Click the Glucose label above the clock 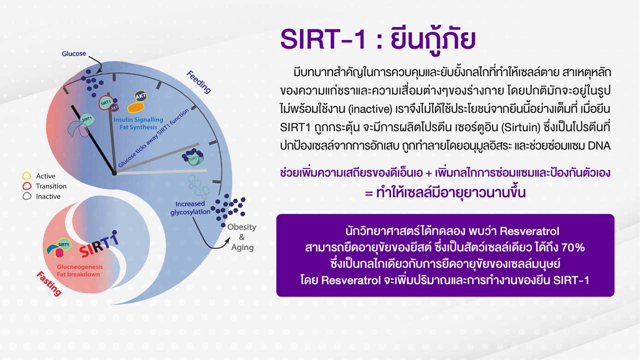[73, 53]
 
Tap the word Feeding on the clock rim [199, 82]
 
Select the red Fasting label [49, 283]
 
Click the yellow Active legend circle [26, 175]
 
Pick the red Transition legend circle [26, 186]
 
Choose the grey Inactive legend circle [26, 196]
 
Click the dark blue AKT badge [140, 96]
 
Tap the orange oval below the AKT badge [135, 107]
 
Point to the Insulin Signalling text [138, 119]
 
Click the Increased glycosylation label [190, 207]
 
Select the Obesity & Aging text [242, 237]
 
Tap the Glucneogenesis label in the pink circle [79, 267]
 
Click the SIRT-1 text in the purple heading [323, 39]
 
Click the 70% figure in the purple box [573, 247]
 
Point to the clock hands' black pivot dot [114, 173]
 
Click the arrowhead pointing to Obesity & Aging [227, 240]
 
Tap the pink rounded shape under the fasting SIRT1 [59, 253]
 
